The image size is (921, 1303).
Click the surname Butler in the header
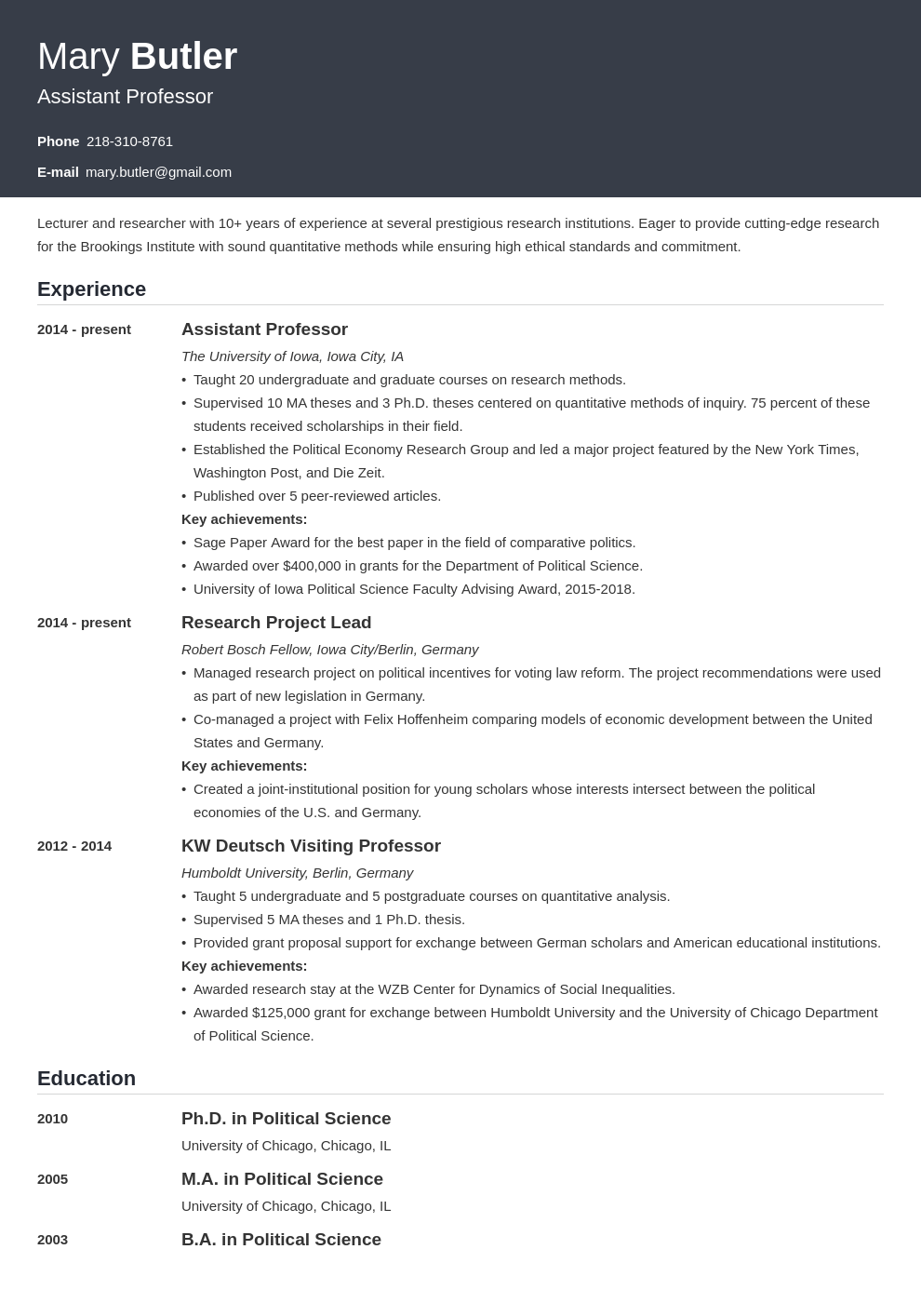[x=183, y=57]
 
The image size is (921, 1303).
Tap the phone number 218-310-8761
[x=129, y=141]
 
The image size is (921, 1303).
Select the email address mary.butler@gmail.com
[x=158, y=172]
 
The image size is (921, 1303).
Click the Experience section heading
[x=91, y=289]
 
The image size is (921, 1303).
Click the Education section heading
[x=87, y=1079]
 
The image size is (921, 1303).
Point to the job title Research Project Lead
[x=275, y=623]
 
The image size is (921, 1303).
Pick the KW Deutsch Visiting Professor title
[x=311, y=846]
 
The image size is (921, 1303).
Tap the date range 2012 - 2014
[x=74, y=846]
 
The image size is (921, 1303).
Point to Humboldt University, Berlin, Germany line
[x=297, y=873]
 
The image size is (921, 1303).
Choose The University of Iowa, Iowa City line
[x=292, y=356]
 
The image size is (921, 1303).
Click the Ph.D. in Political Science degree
[x=286, y=1119]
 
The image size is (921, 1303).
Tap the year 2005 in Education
[x=52, y=1179]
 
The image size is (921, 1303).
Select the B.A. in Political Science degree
[x=281, y=1240]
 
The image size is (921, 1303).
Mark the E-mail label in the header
[x=58, y=172]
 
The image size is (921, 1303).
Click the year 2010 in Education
[x=52, y=1119]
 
